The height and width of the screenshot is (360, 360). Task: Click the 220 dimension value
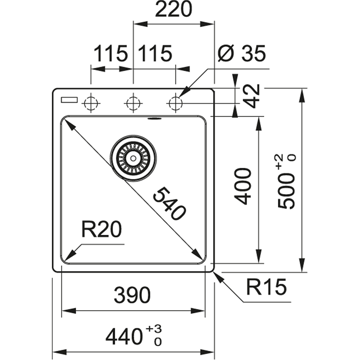[173, 9]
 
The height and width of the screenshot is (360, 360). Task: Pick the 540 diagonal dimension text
[168, 204]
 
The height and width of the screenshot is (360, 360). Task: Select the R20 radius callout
[101, 229]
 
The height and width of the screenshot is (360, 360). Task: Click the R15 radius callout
[266, 287]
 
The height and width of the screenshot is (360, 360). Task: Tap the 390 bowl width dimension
[132, 296]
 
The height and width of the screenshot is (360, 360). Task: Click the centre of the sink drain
[133, 158]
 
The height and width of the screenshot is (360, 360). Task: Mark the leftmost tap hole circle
[90, 103]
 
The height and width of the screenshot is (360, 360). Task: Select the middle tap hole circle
[133, 103]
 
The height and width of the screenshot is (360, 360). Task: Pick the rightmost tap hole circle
[175, 103]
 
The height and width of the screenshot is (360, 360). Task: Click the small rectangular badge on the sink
[69, 100]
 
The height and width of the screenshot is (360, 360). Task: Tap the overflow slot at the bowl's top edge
[155, 118]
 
